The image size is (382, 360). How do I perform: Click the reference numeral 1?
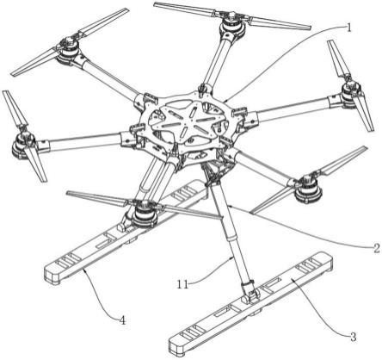click(x=348, y=28)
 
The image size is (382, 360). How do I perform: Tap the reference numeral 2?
click(x=376, y=248)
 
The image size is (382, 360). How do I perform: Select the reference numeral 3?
click(x=353, y=336)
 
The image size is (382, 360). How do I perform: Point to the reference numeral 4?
click(x=122, y=320)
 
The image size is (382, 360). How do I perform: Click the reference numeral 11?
click(x=182, y=284)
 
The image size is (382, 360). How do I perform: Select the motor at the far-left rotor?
click(x=24, y=145)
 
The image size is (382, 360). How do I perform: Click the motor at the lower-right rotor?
click(x=308, y=189)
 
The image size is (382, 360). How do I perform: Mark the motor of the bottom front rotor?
click(x=145, y=214)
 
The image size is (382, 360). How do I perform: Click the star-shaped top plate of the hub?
click(x=187, y=121)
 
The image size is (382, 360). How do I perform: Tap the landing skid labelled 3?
click(x=251, y=303)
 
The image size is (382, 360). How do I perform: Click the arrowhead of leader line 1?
click(x=225, y=101)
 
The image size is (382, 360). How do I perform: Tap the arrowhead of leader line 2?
click(x=231, y=206)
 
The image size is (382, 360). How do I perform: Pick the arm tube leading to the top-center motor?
click(x=217, y=63)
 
